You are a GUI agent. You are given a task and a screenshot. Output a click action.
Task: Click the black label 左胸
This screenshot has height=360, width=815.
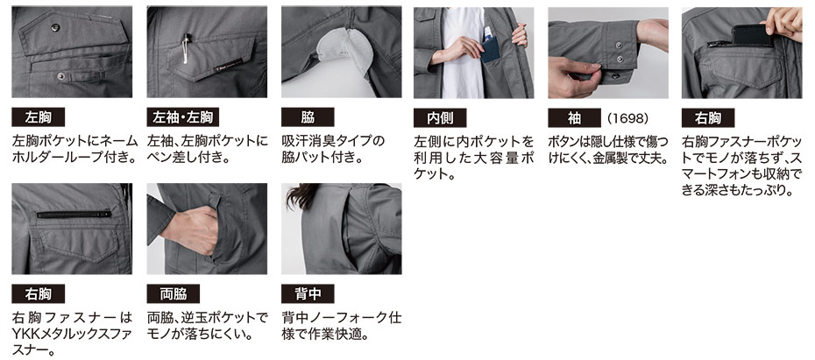38,117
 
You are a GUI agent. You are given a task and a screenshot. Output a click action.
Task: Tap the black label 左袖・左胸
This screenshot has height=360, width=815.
182,117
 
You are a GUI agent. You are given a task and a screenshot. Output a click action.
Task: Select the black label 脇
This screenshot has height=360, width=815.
308,117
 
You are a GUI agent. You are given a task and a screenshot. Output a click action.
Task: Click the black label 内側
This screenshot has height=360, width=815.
440,118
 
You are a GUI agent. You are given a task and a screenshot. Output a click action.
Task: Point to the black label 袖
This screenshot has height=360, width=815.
574,118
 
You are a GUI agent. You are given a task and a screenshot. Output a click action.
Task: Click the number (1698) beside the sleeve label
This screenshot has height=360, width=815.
627,118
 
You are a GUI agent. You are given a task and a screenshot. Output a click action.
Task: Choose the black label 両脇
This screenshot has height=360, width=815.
174,294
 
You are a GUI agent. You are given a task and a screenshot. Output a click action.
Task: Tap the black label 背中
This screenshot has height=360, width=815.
308,294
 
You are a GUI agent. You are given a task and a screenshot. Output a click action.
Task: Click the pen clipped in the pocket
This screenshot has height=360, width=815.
185,47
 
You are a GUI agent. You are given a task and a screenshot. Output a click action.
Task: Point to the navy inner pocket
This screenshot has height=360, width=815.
490,50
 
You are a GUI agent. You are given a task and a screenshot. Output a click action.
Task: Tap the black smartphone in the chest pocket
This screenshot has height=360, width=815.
751,35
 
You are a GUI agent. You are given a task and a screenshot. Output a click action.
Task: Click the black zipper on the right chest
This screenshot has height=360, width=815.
74,214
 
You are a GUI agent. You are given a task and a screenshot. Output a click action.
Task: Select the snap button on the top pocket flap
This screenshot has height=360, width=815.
55,27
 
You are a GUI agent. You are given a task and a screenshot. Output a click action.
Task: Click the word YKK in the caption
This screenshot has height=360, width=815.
26,334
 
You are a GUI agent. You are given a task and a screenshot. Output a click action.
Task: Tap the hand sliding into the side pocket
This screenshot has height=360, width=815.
191,230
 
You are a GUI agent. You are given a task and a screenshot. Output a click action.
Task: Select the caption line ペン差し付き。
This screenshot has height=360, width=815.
188,157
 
